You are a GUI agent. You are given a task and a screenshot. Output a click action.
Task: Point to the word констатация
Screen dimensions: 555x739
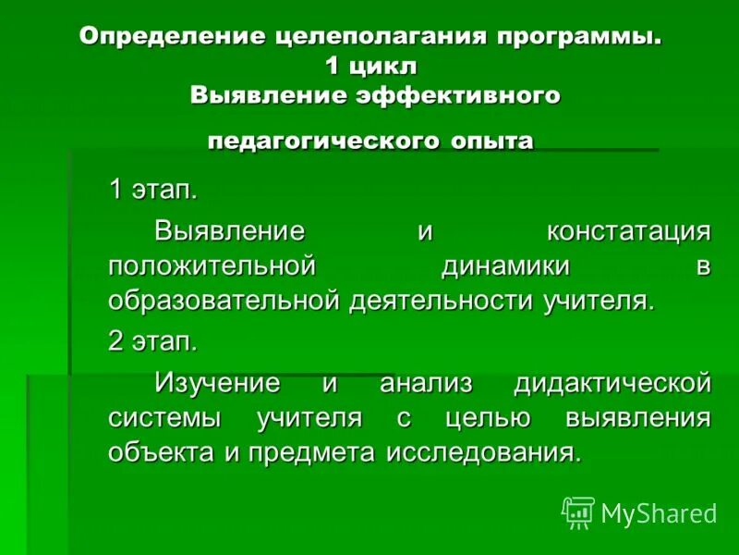click(628, 230)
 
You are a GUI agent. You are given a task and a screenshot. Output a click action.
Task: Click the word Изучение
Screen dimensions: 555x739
click(217, 381)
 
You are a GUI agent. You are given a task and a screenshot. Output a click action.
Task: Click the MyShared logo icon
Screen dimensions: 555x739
click(578, 512)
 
